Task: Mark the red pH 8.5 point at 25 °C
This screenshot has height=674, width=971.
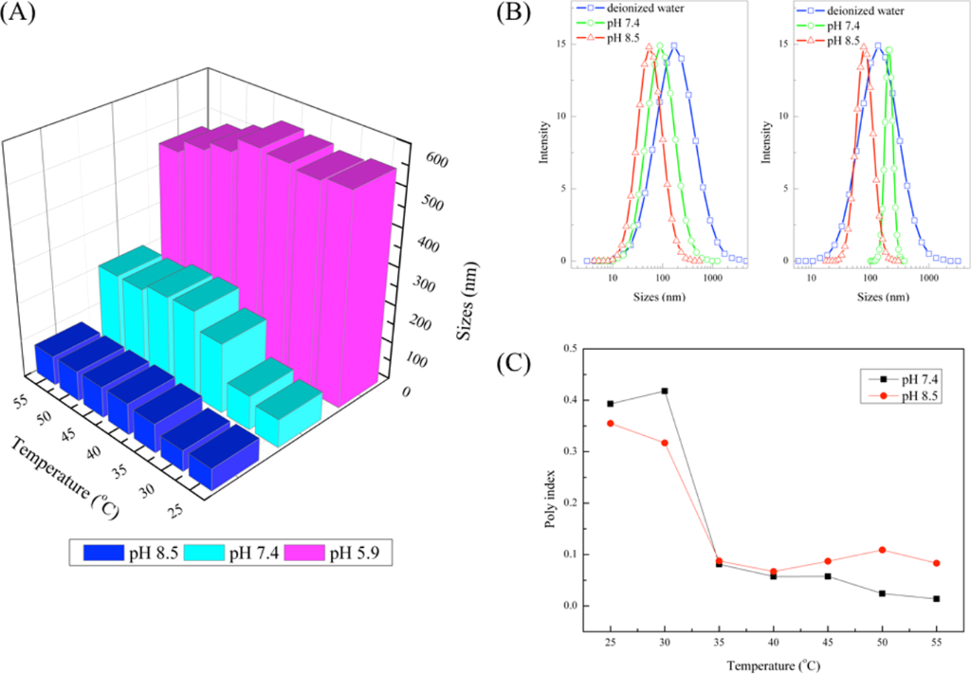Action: click(x=610, y=423)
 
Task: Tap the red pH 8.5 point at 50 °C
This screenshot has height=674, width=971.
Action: click(x=883, y=550)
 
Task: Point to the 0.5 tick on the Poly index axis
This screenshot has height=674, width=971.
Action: click(x=572, y=349)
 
